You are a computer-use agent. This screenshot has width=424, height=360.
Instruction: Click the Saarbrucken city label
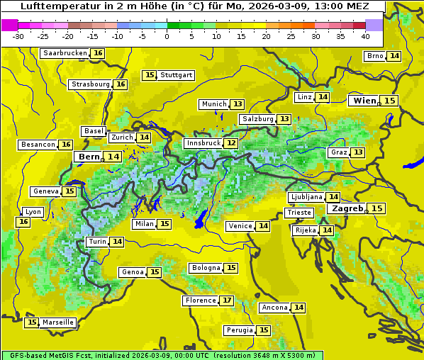65,53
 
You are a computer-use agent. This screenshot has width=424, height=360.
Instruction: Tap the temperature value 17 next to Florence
227,300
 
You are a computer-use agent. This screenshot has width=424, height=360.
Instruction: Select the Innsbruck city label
203,143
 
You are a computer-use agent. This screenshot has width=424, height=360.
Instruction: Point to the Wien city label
365,101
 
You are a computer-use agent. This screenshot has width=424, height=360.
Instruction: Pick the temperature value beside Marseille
31,322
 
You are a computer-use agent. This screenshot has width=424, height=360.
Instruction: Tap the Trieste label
298,213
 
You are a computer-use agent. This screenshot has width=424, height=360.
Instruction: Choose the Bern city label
89,157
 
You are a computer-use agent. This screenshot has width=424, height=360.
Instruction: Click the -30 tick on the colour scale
18,35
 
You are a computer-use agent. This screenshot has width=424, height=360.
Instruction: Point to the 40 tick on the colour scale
365,35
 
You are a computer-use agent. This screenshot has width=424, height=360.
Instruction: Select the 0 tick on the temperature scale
167,35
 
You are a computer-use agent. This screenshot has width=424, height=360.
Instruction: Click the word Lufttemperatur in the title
54,6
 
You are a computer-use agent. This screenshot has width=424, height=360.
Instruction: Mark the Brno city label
375,56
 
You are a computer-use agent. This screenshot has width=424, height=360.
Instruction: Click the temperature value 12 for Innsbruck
231,143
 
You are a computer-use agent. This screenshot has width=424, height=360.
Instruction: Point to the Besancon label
38,145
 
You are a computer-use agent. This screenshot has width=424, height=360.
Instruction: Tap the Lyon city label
33,212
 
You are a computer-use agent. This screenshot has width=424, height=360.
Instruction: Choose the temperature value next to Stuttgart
149,75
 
